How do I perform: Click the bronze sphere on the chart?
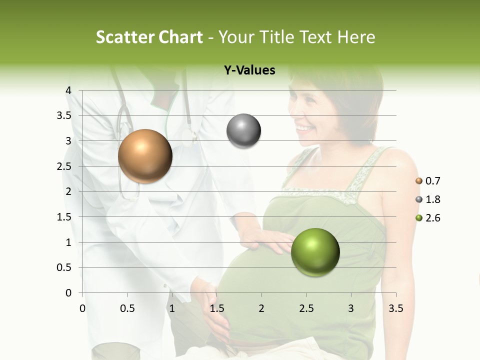(x=145, y=156)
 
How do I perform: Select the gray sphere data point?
(x=243, y=131)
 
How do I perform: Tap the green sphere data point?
(x=315, y=252)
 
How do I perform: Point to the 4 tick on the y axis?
(x=68, y=90)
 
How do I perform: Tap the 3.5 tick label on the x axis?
(x=395, y=308)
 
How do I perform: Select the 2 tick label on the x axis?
(x=261, y=308)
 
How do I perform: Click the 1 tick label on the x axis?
(x=172, y=308)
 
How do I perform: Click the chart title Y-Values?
(x=249, y=70)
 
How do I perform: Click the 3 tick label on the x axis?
(x=351, y=308)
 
